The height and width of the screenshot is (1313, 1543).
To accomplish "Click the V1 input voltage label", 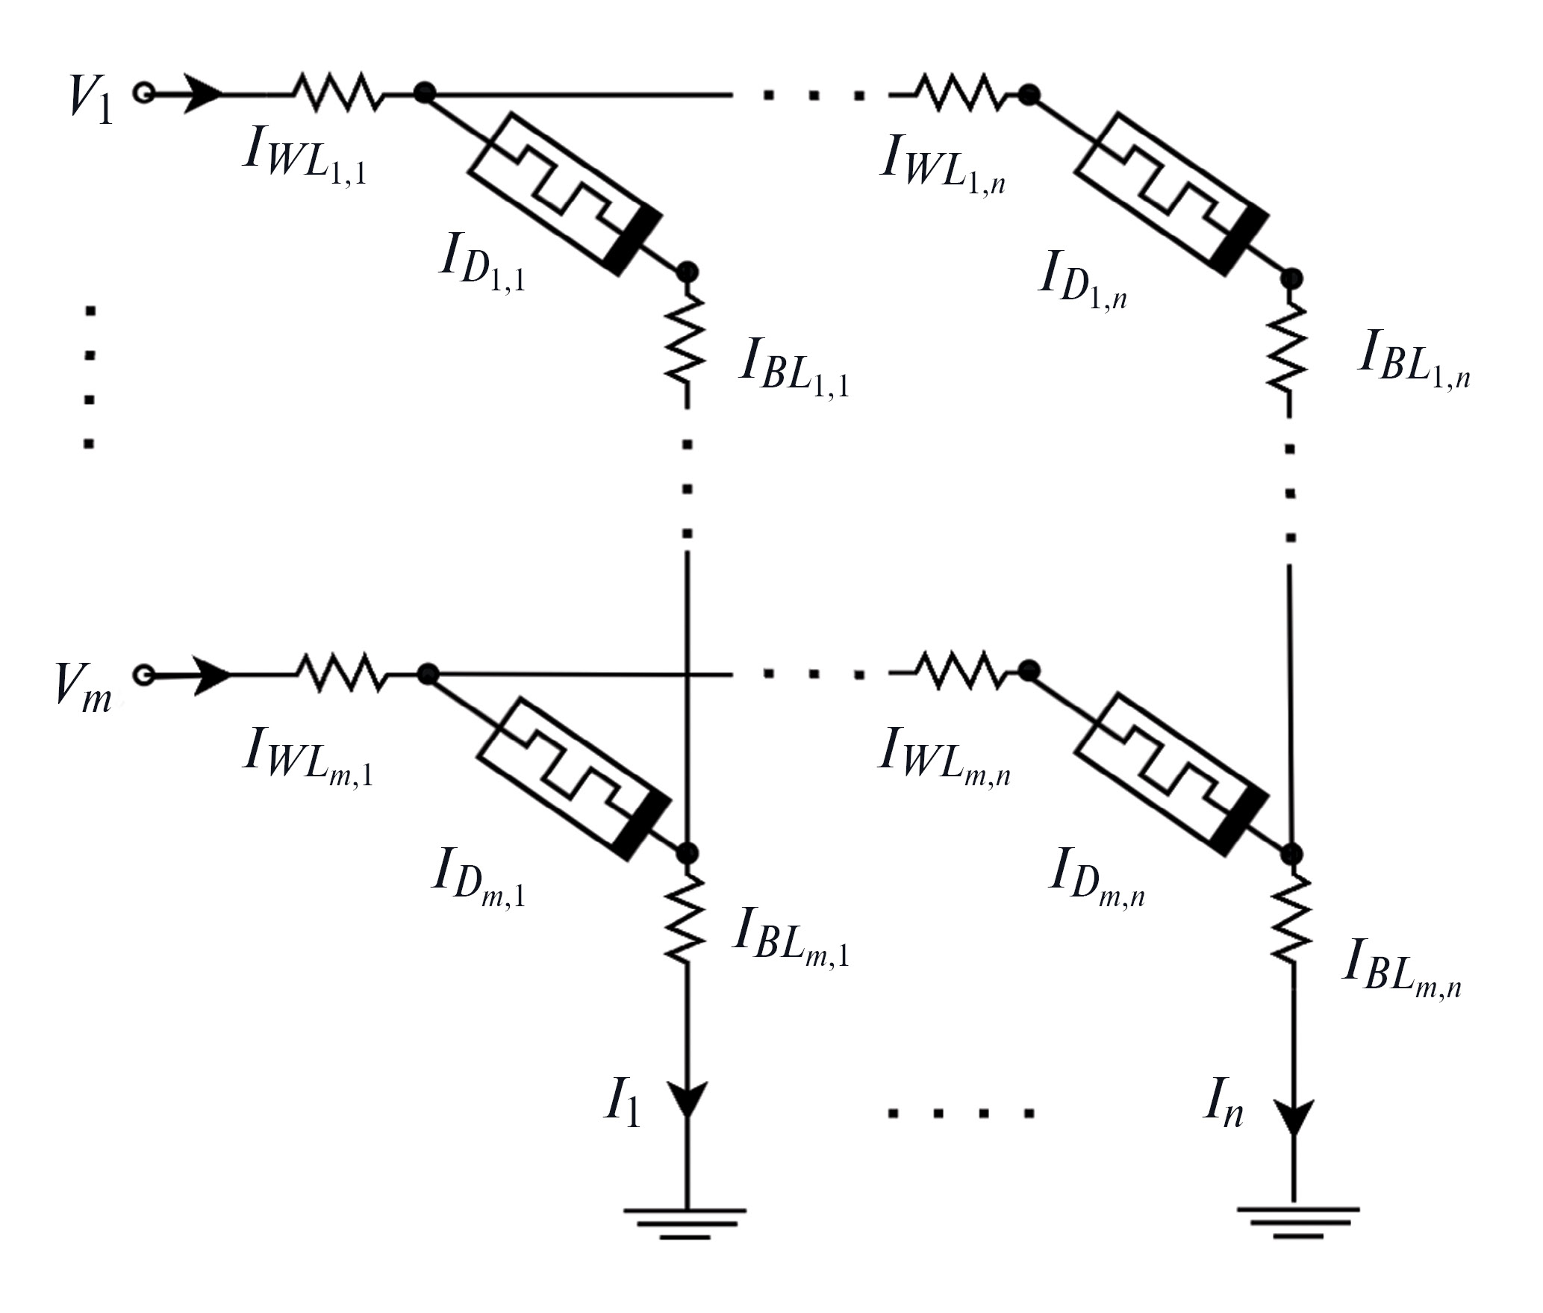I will click(x=91, y=99).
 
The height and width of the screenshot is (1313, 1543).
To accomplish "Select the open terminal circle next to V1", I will click(x=143, y=93).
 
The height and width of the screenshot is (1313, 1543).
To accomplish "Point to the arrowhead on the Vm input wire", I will click(x=211, y=676).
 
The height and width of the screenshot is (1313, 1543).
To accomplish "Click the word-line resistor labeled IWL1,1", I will click(x=340, y=93).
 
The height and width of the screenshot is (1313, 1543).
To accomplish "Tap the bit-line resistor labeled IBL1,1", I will click(x=688, y=340).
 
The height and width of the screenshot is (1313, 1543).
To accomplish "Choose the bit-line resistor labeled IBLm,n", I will click(x=1294, y=920).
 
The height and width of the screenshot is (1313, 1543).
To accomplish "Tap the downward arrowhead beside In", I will click(x=1294, y=1118).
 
